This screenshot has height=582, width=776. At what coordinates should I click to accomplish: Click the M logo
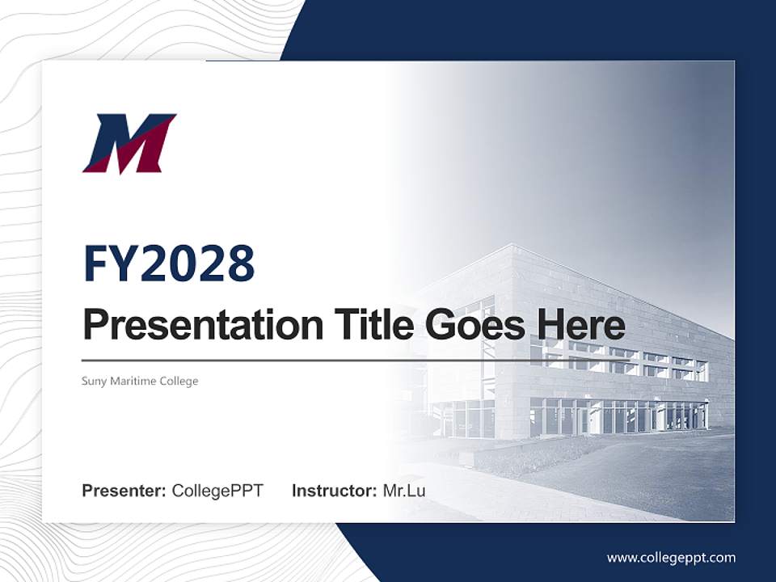pyautogui.click(x=129, y=144)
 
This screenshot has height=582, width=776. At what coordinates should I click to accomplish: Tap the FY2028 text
pyautogui.click(x=169, y=263)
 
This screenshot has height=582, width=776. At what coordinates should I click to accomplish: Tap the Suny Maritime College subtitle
pyautogui.click(x=140, y=381)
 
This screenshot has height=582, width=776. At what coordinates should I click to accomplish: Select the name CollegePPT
pyautogui.click(x=217, y=491)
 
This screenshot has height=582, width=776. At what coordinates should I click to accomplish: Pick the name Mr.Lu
pyautogui.click(x=404, y=491)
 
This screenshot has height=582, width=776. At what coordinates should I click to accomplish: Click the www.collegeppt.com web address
pyautogui.click(x=671, y=558)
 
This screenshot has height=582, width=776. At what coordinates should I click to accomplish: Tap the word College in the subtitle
pyautogui.click(x=179, y=381)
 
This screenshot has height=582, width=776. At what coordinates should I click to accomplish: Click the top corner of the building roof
pyautogui.click(x=511, y=246)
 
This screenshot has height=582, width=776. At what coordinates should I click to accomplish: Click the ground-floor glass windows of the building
pyautogui.click(x=614, y=416)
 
